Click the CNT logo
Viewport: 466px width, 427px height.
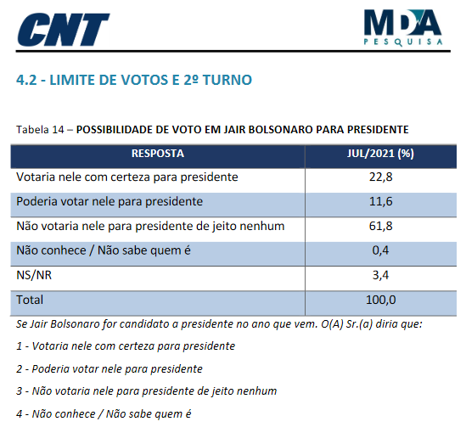(x=64, y=30)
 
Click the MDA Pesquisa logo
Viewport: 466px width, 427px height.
(x=403, y=28)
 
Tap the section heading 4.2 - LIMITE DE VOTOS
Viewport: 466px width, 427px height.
(x=134, y=80)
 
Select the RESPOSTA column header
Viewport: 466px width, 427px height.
(x=158, y=154)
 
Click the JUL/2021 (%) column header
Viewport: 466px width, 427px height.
(x=380, y=154)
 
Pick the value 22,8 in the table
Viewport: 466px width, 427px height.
(x=381, y=177)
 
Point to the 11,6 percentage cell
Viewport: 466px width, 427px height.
(x=381, y=201)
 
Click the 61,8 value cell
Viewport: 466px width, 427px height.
(x=381, y=226)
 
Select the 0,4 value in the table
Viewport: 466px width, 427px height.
(x=381, y=250)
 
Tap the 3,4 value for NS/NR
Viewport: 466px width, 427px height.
(x=381, y=275)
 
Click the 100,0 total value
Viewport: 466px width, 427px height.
(x=381, y=300)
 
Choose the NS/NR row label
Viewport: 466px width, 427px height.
(x=34, y=275)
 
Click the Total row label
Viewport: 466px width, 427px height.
(x=30, y=300)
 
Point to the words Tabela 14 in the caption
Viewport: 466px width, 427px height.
(x=40, y=130)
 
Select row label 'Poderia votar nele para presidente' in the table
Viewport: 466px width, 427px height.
(x=109, y=201)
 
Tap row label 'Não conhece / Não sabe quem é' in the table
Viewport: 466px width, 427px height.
(x=104, y=250)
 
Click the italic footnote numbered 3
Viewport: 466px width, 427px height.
(x=147, y=391)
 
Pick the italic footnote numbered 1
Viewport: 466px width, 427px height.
(x=126, y=346)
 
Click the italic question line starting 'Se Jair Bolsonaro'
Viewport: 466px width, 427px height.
(x=219, y=324)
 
